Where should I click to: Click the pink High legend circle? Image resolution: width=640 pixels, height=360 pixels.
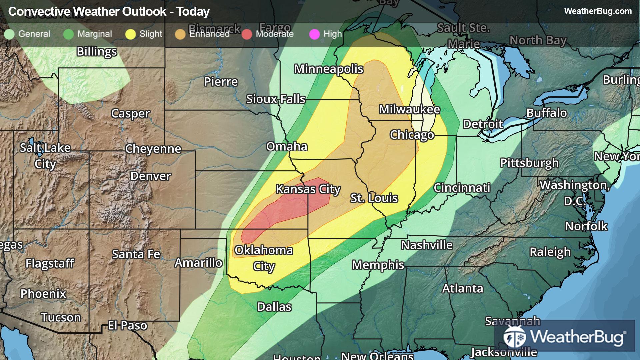click(314, 34)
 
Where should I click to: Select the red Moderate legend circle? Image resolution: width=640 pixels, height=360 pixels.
click(247, 34)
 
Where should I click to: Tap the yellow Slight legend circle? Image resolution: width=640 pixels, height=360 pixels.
click(130, 34)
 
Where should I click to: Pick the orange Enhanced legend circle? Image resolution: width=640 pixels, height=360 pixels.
click(180, 34)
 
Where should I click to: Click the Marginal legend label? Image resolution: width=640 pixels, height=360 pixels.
click(95, 34)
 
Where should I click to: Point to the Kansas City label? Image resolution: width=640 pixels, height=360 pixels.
click(308, 189)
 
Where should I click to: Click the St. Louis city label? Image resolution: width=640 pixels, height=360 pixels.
click(374, 198)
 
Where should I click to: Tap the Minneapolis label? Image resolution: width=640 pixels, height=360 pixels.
click(329, 69)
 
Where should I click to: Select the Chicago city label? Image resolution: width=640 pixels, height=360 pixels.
click(412, 135)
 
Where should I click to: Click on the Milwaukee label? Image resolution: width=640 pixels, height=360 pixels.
click(409, 109)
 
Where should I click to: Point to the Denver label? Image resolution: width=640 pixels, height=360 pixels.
click(151, 176)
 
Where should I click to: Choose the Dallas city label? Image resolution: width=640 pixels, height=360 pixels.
click(274, 307)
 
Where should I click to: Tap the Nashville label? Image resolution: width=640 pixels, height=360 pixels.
click(427, 245)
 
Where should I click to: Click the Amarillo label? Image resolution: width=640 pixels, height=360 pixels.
click(199, 263)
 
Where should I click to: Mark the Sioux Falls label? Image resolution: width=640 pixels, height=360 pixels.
click(276, 99)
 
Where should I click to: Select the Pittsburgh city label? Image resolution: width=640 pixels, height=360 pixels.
click(529, 163)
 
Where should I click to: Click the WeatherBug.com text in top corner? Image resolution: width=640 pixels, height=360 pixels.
click(598, 11)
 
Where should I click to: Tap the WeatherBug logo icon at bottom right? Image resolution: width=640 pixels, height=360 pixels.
click(515, 336)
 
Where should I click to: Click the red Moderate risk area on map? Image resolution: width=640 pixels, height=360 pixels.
click(283, 210)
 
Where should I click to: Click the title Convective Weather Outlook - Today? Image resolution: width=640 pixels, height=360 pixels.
click(109, 12)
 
